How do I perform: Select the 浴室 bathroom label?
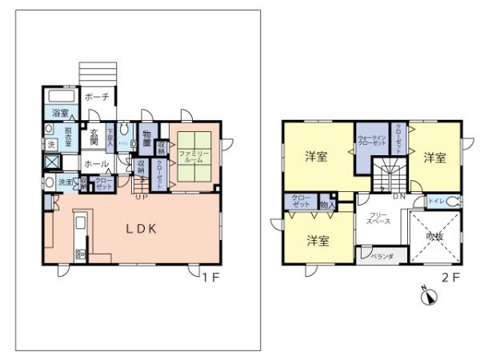61,113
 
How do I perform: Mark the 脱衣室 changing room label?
68,135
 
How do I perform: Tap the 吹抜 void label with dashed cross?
434,237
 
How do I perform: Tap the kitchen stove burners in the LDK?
81,254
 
